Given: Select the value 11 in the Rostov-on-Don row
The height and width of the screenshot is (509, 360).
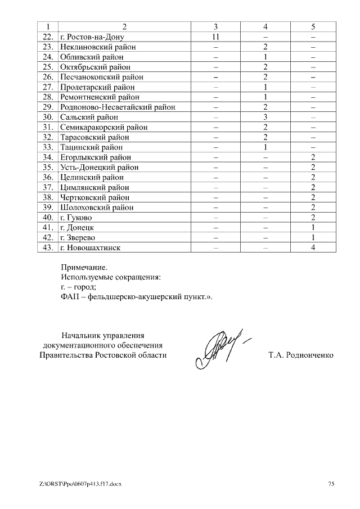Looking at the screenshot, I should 215,37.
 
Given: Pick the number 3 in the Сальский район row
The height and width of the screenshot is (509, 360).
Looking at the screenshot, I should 264,117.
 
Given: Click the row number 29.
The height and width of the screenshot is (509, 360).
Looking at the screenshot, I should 48,107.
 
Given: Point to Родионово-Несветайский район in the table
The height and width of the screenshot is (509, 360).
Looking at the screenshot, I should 117,107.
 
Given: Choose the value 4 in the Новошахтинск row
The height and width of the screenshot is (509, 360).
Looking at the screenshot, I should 313,247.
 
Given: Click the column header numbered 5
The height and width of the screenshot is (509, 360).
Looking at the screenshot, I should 313,26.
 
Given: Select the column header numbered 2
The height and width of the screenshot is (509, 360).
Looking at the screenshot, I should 124,26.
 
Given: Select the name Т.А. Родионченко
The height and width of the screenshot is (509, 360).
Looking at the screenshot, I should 301,355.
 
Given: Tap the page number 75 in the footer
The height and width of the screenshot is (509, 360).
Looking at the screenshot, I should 331,484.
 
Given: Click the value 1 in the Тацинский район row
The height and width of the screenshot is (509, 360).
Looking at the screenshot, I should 264,147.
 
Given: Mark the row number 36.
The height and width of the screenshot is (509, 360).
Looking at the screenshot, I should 48,177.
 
